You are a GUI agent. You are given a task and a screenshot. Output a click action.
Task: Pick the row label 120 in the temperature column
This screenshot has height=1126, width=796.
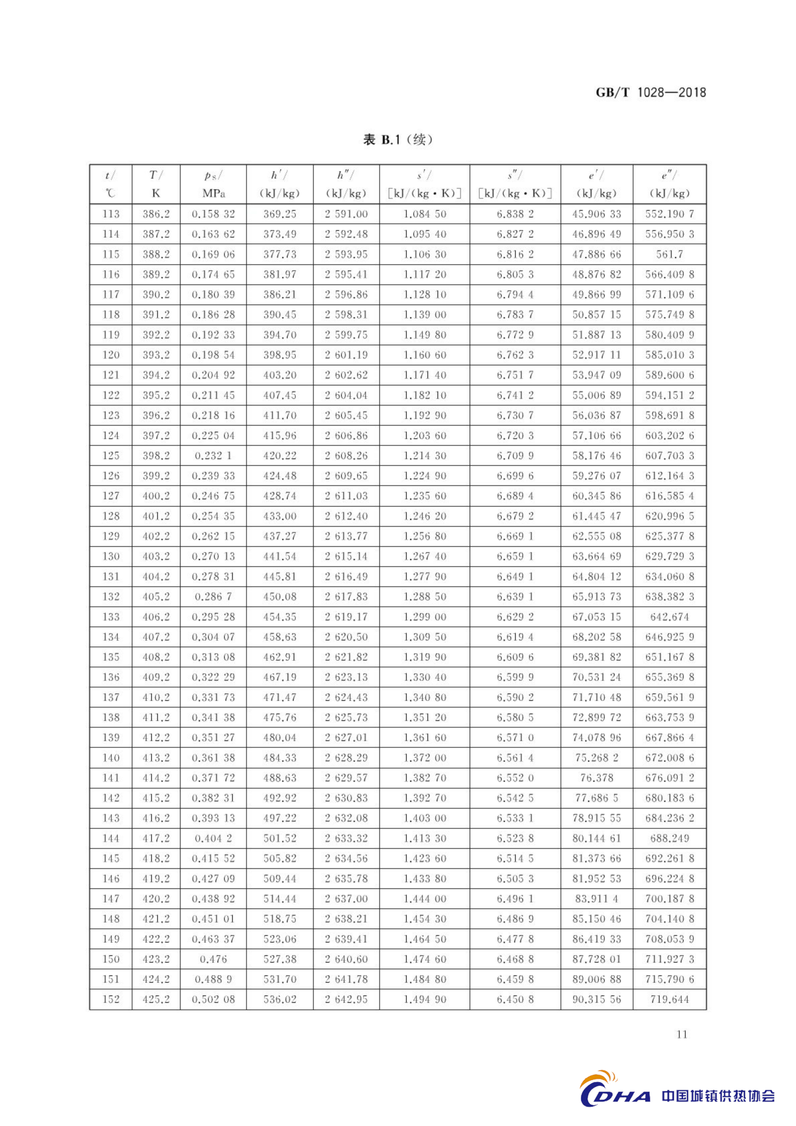(111, 355)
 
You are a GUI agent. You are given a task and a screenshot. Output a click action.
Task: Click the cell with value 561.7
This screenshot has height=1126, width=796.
(669, 254)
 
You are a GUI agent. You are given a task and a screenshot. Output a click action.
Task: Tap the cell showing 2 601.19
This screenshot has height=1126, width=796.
(346, 355)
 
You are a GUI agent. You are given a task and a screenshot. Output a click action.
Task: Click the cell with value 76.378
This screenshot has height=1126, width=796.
(596, 778)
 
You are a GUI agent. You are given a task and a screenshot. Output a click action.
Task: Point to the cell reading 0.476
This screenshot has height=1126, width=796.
(213, 959)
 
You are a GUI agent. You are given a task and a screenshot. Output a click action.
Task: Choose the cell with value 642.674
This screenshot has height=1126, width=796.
(669, 617)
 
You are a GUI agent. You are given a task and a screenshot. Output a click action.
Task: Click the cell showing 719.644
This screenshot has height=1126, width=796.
(669, 999)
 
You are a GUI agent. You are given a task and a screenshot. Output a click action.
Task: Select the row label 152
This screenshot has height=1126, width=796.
(111, 999)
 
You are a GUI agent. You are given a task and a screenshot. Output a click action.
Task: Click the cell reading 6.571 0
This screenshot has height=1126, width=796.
(515, 738)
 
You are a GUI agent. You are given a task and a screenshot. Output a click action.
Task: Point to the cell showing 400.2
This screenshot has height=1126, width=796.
(156, 496)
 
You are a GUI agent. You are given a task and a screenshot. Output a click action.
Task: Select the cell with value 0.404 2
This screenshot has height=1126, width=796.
(213, 838)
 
